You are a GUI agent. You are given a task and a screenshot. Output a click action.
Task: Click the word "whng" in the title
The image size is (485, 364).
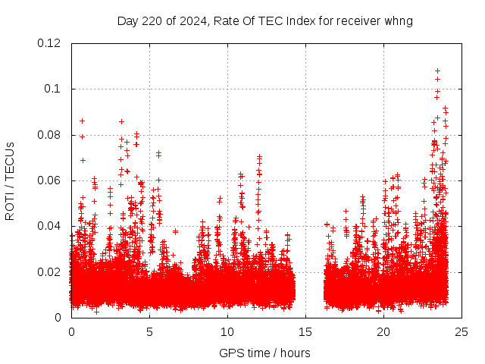pos(399,20)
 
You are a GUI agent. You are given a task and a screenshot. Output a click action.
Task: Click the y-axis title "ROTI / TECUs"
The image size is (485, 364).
pos(10,180)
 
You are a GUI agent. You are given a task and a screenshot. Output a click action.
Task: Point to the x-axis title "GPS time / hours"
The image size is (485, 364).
pos(264,353)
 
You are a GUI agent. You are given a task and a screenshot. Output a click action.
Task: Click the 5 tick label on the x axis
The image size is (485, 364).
pos(149,331)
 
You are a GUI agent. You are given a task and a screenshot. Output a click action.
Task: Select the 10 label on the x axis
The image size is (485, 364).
pos(227,331)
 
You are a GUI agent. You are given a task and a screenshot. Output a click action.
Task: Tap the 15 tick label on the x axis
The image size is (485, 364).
pos(305,331)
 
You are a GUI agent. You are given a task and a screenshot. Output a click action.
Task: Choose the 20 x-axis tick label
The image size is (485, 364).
pos(383,331)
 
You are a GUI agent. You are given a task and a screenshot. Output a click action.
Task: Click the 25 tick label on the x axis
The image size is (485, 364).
pos(462,331)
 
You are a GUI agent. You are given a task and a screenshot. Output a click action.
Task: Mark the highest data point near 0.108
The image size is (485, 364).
pos(437,71)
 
